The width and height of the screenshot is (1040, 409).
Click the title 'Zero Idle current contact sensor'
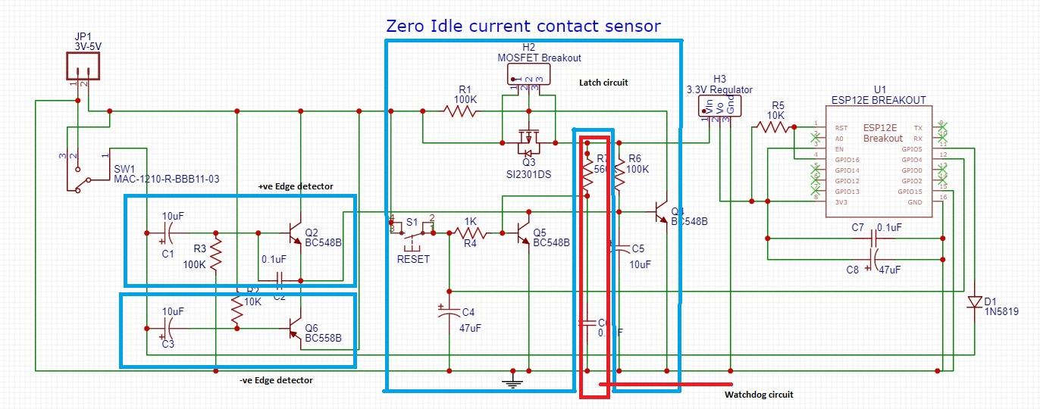pos(523,26)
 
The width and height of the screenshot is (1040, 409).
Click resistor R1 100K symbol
pos(460,111)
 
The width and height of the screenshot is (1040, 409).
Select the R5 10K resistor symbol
pos(772,127)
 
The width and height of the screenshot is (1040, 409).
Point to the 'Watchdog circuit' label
pos(758,395)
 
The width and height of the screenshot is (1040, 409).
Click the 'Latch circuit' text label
pos(603,82)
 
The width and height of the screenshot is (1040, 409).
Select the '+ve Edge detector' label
pos(296,186)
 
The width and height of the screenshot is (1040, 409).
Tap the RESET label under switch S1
pos(413,259)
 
